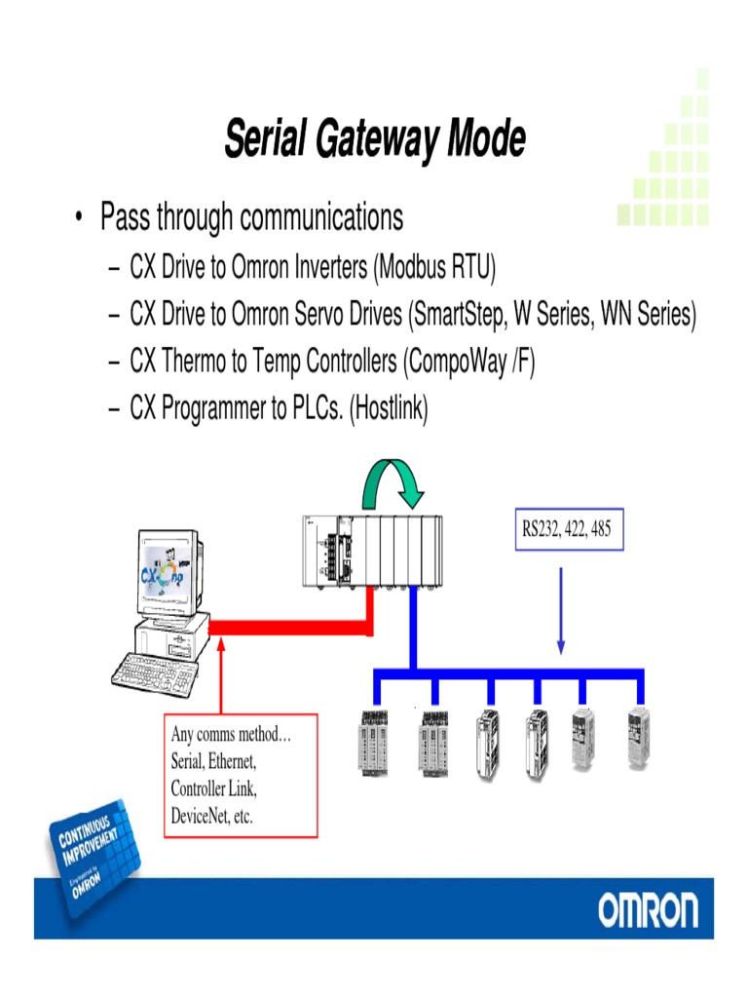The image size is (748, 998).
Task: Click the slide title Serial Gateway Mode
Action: click(375, 138)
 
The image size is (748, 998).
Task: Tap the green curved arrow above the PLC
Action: click(393, 481)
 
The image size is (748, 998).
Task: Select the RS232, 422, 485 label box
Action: click(568, 531)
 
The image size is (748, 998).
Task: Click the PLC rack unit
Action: click(372, 554)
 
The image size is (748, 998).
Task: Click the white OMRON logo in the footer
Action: click(648, 911)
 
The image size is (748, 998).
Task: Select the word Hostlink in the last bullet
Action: click(391, 409)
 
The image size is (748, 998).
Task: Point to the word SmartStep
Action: click(460, 314)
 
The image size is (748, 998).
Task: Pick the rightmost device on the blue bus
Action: click(638, 739)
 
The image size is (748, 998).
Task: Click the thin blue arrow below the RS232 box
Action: click(561, 608)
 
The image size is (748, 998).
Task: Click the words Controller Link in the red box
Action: click(213, 788)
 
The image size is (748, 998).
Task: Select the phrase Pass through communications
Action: click(251, 217)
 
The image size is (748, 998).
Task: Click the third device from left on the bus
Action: click(489, 743)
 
